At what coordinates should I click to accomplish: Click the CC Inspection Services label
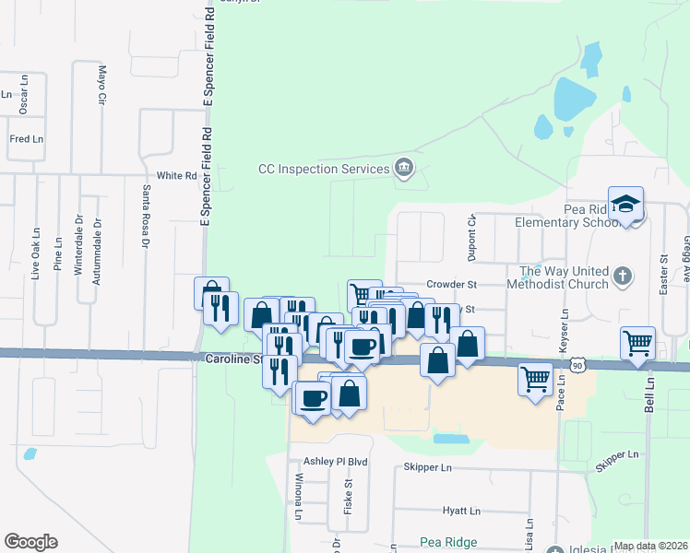pos(323,169)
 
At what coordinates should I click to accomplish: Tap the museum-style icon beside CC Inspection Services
pos(404,168)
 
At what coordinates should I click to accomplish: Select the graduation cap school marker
pos(625,204)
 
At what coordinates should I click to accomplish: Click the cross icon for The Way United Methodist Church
pos(623,276)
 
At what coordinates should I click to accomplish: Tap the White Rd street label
pos(177,175)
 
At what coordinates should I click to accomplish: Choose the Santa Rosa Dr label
pos(145,218)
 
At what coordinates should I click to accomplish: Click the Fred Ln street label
pos(26,139)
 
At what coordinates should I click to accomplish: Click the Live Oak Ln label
pos(36,252)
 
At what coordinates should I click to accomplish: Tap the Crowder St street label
pos(451,286)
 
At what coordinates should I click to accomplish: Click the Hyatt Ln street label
pos(461,511)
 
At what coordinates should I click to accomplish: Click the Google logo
pos(30,542)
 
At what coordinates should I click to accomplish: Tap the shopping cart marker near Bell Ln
pos(637,343)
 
